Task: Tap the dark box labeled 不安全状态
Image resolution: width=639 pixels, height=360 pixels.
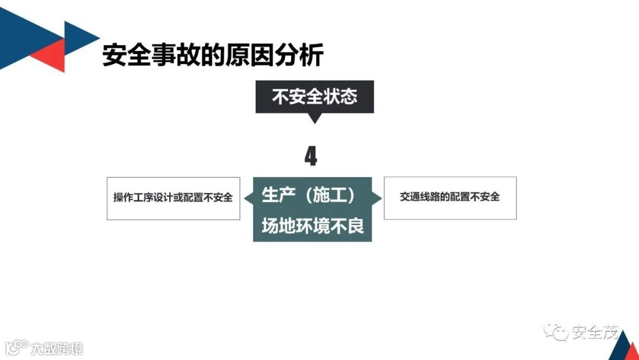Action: point(314,97)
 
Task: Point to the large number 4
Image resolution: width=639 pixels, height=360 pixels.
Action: point(311,157)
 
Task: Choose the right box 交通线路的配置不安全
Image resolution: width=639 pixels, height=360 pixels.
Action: point(450,198)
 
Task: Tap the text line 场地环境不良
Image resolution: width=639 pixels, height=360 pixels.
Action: point(312,226)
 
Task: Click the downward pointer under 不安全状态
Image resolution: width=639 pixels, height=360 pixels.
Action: point(314,118)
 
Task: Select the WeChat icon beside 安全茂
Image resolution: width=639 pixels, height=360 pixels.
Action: point(556,332)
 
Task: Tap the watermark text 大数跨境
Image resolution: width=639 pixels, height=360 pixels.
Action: point(57,348)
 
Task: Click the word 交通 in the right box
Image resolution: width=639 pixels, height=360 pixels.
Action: point(409,198)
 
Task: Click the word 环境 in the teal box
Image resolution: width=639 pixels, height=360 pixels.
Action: point(312,226)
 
